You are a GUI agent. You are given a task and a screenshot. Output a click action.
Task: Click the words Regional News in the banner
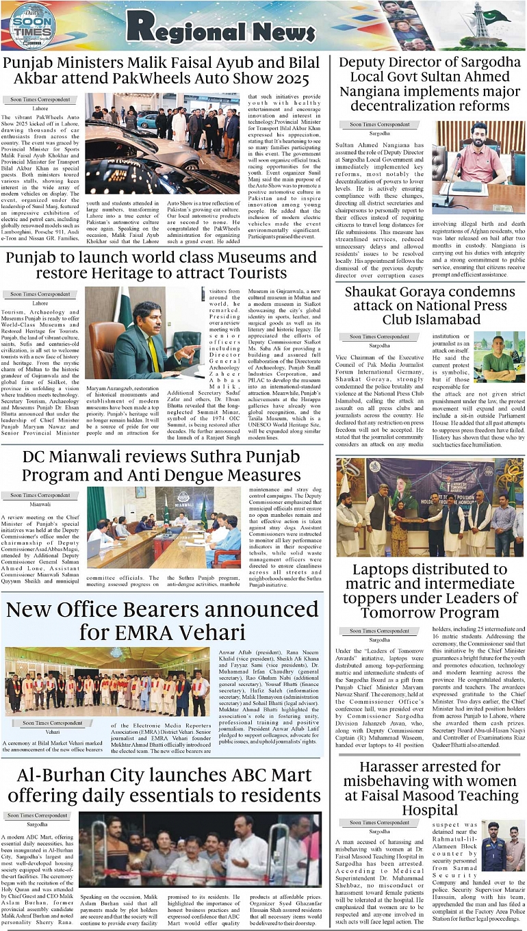[220, 27]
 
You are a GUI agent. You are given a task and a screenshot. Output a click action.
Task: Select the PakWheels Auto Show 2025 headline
[162, 71]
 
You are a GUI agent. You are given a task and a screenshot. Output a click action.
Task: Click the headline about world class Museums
[162, 266]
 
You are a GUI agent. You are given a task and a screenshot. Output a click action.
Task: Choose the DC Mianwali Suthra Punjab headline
[162, 467]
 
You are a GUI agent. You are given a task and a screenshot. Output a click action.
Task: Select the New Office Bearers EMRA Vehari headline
[162, 620]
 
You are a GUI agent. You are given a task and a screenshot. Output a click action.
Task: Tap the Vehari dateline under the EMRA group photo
[53, 732]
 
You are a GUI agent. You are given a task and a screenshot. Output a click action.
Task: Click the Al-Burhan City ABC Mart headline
[162, 786]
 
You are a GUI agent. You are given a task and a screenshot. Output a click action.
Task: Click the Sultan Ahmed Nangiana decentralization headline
[430, 84]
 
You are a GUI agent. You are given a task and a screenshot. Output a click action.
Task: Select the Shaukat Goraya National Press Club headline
[430, 305]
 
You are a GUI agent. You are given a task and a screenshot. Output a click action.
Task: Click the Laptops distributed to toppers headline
[430, 591]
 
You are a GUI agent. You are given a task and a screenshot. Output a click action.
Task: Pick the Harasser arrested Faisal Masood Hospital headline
[430, 788]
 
